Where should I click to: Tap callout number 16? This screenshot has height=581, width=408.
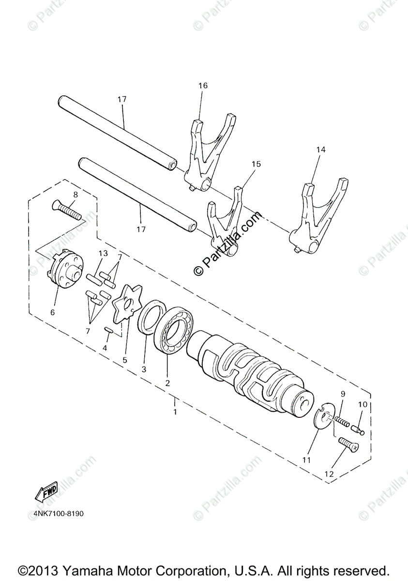(202, 86)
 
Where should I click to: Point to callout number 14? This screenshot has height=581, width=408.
(321, 150)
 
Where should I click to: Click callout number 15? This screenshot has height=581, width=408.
(256, 164)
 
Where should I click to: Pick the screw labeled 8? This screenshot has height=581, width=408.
(67, 211)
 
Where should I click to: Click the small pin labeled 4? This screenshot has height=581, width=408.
(109, 331)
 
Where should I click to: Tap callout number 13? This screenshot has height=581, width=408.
(103, 253)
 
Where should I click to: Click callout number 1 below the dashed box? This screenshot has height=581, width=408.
(175, 412)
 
